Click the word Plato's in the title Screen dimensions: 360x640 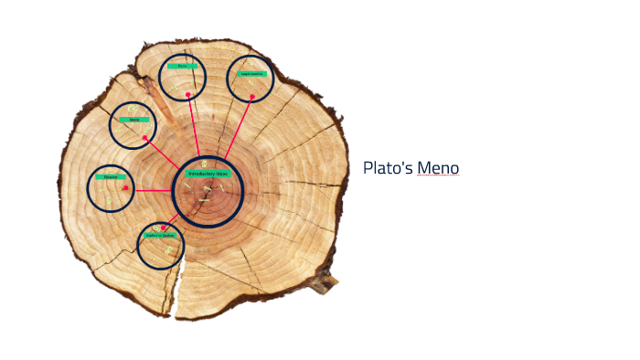coord(388,168)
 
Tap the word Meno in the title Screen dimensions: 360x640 coord(438,168)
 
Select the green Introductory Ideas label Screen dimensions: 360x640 coord(208,173)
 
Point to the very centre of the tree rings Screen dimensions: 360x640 coord(208,189)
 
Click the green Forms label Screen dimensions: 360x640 coord(182,66)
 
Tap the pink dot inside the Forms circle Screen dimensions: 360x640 coord(188,94)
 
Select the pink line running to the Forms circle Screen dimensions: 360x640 coord(193,123)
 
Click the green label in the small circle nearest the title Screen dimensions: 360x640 coord(251,73)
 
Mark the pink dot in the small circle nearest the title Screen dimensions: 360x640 coord(251,96)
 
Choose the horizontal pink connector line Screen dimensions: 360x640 coord(151,190)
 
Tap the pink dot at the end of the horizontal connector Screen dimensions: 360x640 coord(126,189)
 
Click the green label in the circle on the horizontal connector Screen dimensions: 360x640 coord(111,176)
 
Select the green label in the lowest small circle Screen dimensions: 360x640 coord(160,235)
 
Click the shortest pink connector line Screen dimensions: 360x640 coord(171,220)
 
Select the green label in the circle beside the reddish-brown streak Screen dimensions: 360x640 coord(133,120)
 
